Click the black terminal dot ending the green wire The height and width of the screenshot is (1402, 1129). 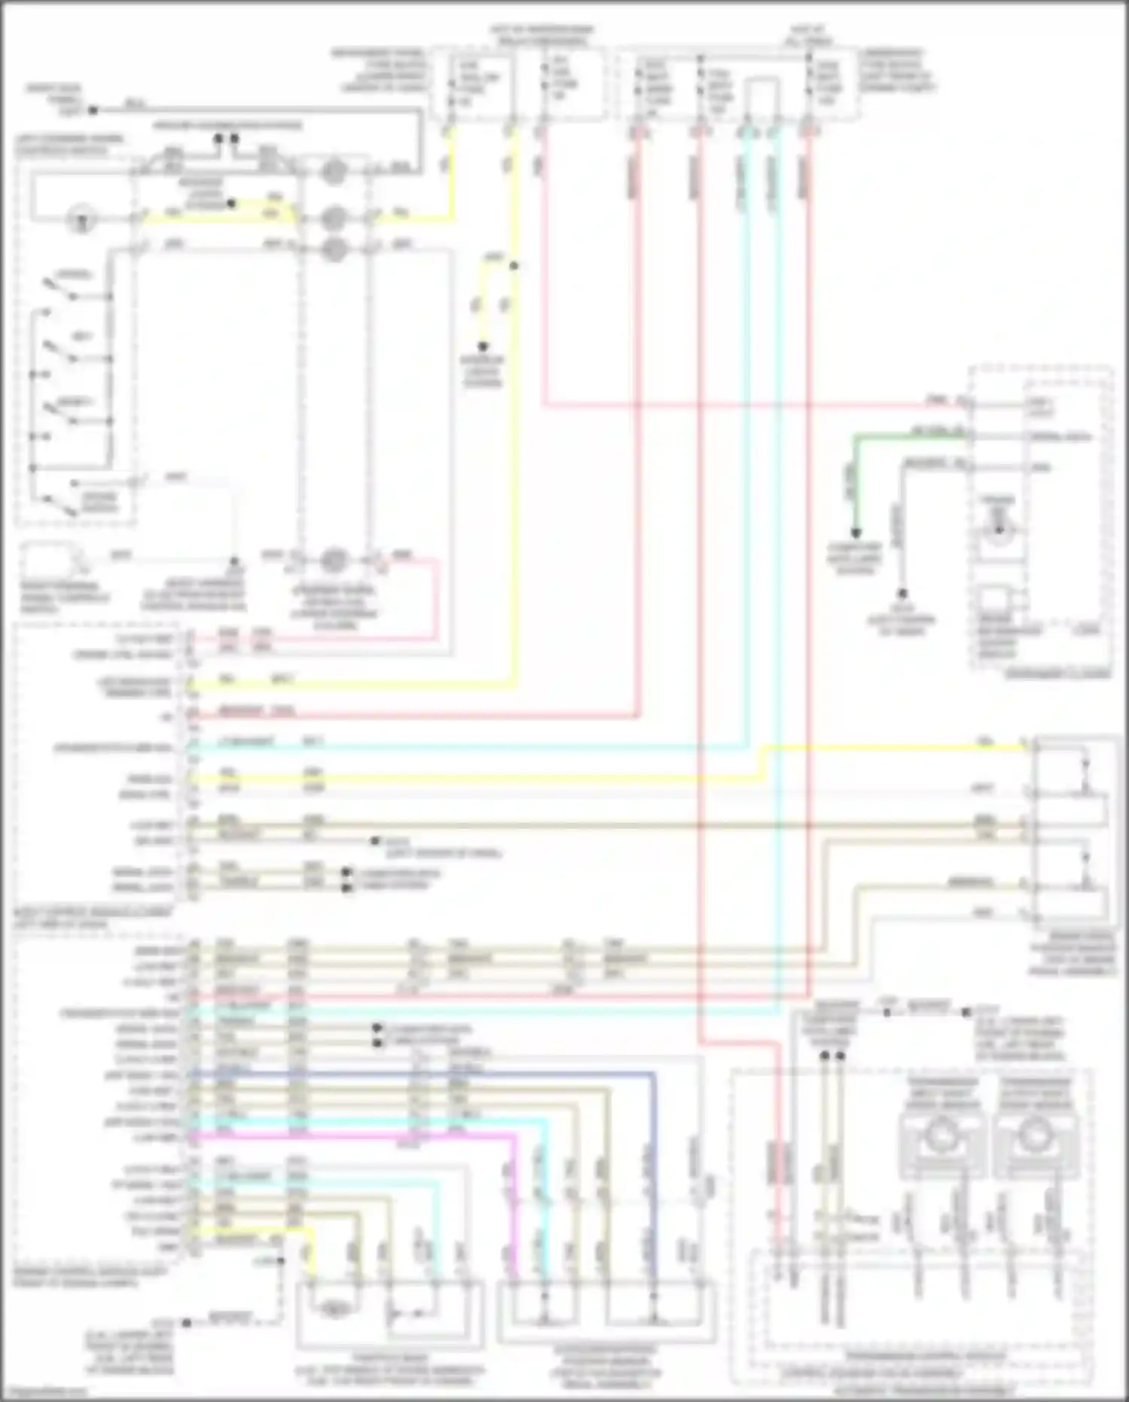click(x=856, y=533)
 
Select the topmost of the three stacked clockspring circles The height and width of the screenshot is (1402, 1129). click(x=333, y=173)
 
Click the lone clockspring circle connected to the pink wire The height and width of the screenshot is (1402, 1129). click(x=333, y=560)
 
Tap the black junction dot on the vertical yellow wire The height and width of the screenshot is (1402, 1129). click(x=515, y=265)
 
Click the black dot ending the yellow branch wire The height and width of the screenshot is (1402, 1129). click(x=484, y=347)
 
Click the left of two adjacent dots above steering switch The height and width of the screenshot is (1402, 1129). click(x=218, y=139)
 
